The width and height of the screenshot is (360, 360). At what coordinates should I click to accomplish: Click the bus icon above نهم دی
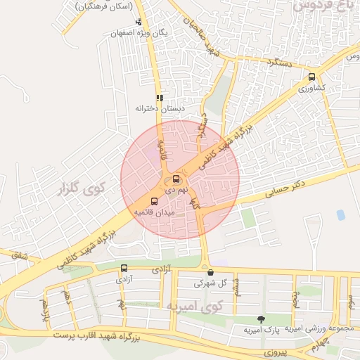coord(176,179)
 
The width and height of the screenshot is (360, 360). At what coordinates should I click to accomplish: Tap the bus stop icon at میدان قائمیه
coord(155,201)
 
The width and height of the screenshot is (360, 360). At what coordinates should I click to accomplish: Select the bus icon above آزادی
coord(124,268)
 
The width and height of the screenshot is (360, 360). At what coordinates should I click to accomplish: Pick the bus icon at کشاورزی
coord(311,78)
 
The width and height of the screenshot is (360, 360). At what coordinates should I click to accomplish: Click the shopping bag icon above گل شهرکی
coord(210,272)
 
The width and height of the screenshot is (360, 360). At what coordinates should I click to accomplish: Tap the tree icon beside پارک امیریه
coord(262,320)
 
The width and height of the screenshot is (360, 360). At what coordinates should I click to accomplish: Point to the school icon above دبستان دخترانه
coord(160,98)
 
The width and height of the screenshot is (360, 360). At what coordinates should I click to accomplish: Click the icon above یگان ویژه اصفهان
coord(139,22)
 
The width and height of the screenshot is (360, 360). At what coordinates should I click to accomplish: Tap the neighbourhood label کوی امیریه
coord(195,306)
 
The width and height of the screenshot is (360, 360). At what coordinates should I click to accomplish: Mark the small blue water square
coord(341,214)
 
